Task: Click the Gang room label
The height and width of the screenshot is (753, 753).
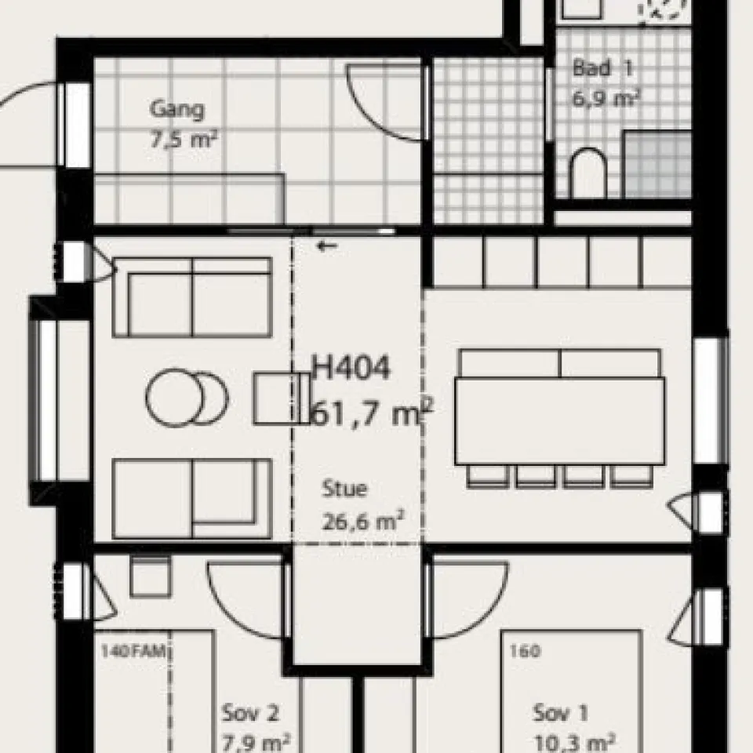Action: [176, 110]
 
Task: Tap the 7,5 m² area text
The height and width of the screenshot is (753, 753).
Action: [184, 140]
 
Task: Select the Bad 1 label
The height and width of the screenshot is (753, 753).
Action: [603, 68]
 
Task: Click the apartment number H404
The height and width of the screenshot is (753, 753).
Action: [351, 368]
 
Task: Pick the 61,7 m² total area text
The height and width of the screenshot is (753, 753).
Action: [372, 413]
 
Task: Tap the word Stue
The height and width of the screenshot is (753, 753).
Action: [345, 489]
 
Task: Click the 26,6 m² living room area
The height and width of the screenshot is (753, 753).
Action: [363, 520]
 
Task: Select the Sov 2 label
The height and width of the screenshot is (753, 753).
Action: [249, 713]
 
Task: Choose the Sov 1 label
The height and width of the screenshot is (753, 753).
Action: [561, 713]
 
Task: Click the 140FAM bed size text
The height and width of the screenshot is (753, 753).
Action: [133, 652]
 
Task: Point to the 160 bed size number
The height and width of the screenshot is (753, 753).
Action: [525, 651]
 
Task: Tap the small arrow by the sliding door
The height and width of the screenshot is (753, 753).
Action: [328, 246]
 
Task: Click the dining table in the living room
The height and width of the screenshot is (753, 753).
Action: [560, 421]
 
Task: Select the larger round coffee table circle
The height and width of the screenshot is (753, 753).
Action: [175, 398]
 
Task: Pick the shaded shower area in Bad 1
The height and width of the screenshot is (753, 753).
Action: [657, 164]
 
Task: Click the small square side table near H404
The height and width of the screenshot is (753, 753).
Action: [282, 398]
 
